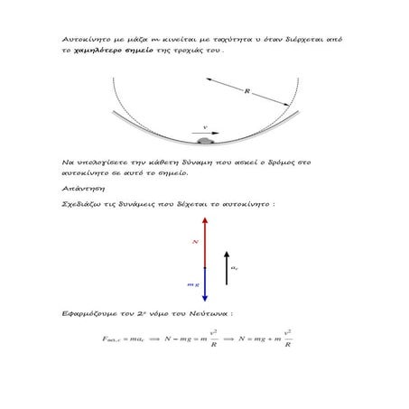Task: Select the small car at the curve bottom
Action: (204, 141)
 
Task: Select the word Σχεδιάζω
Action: (80, 205)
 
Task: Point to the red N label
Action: (195, 242)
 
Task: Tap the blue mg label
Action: (192, 284)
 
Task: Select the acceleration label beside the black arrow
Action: (235, 267)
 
